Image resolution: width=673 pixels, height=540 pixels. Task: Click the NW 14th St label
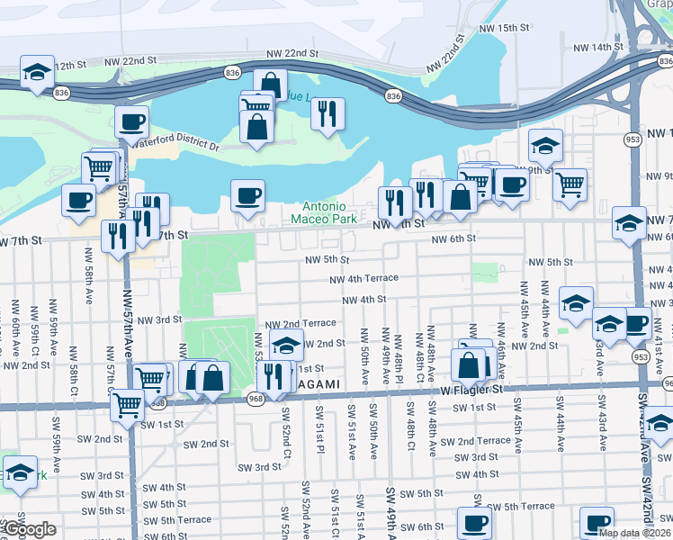coord(597,47)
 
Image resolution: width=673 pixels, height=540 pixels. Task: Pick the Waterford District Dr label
coord(175,144)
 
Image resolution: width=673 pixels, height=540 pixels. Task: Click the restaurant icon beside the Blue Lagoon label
coord(328,113)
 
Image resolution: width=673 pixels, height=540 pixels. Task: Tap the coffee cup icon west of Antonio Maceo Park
coord(247,194)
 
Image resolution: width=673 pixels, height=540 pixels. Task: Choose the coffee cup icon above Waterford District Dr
coord(131,121)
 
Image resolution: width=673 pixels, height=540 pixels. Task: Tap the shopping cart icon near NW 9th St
coord(569,184)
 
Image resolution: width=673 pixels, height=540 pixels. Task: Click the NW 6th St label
coord(453,238)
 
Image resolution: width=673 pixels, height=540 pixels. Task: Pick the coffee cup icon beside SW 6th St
coord(473,523)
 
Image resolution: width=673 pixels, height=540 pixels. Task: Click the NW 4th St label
coord(363,300)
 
